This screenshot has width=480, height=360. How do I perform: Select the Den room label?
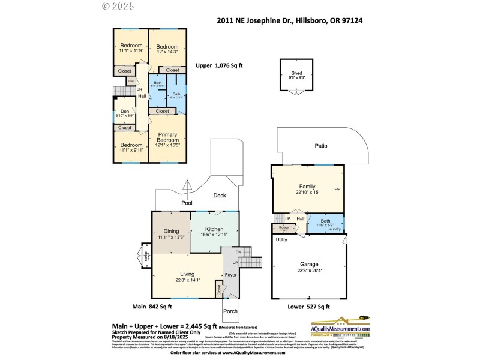(125, 111)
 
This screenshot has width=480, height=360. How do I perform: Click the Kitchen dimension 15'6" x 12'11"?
(214, 236)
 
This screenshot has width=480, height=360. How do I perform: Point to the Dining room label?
(172, 231)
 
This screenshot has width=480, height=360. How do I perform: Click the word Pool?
(187, 203)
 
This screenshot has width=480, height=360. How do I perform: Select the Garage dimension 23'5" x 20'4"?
(310, 271)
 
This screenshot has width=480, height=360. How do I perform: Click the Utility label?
(281, 240)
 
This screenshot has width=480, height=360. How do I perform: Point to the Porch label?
(230, 311)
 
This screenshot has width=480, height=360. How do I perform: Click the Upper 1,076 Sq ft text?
(219, 66)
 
